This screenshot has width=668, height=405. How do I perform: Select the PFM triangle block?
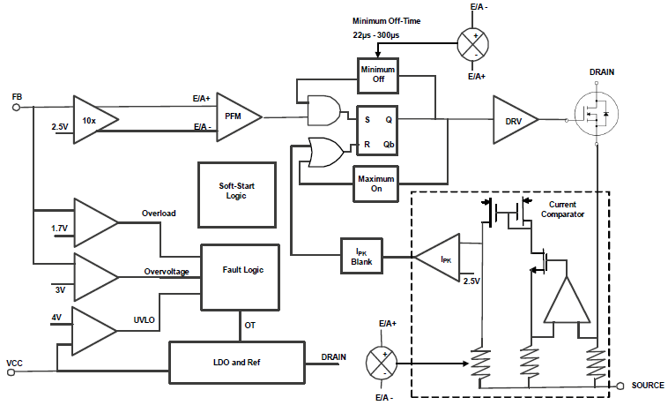point(235,116)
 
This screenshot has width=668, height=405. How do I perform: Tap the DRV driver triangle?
point(514,117)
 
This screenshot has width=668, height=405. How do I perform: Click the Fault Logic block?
point(241,277)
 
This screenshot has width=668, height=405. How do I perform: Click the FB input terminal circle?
point(16,108)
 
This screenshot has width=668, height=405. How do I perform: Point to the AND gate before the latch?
point(323,110)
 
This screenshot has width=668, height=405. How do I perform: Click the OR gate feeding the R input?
point(325,151)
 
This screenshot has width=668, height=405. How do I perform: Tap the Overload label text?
point(159,214)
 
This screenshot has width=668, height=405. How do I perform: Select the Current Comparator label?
point(562,209)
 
